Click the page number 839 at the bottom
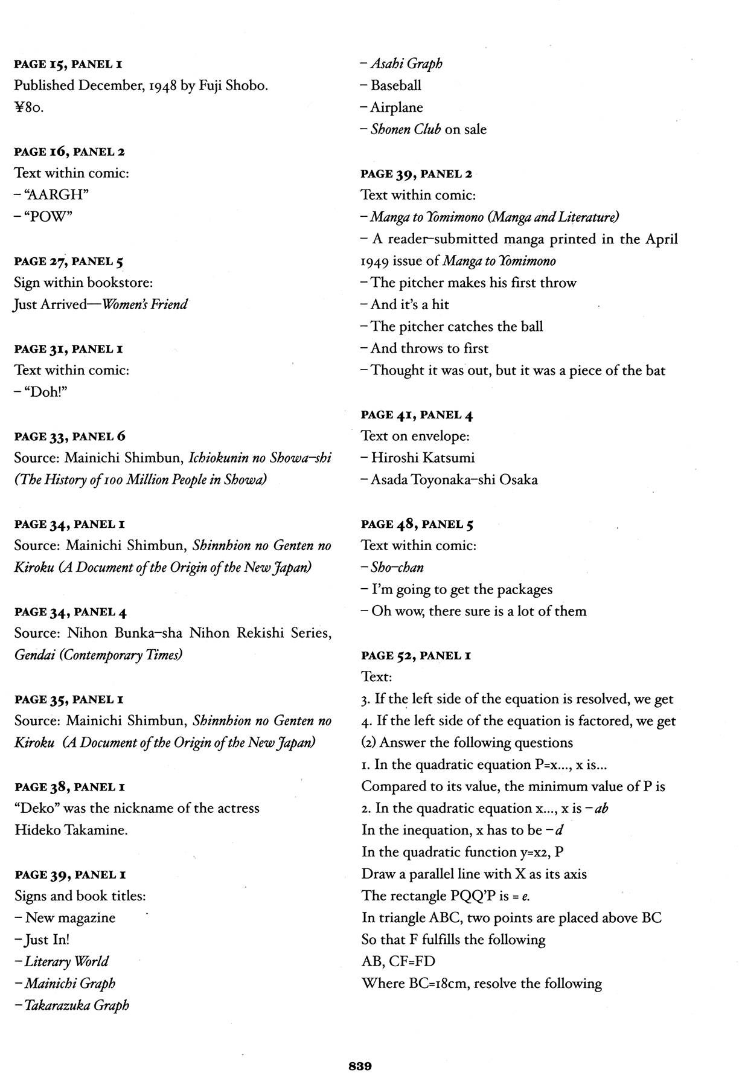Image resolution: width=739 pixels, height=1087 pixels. click(360, 1066)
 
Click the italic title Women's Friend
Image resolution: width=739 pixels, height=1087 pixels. click(145, 304)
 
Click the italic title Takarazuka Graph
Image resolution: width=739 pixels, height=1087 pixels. click(77, 1005)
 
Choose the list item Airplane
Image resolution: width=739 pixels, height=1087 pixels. click(397, 107)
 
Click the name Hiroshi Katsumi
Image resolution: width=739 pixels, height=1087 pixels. click(423, 458)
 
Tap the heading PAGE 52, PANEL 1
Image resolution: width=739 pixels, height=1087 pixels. click(416, 655)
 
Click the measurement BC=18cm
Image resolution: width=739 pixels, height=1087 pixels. click(435, 984)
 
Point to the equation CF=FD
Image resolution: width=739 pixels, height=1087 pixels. click(412, 961)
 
